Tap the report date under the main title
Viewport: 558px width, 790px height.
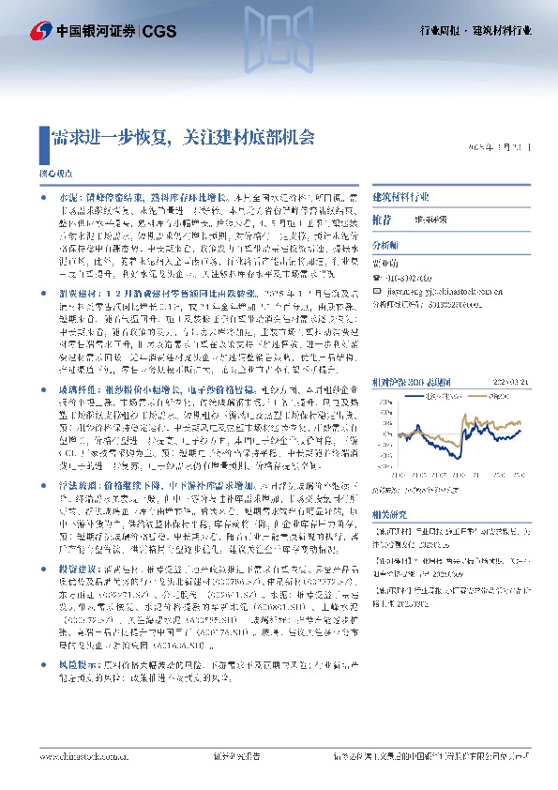pyautogui.click(x=503, y=147)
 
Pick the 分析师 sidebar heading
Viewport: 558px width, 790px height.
pyautogui.click(x=385, y=241)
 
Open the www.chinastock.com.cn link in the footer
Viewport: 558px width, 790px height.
pyautogui.click(x=81, y=755)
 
